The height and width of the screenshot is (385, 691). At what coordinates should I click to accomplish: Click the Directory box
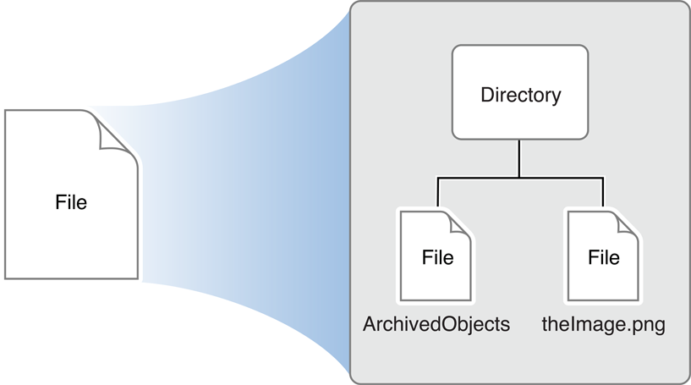(x=520, y=92)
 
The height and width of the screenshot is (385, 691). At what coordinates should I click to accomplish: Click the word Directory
(x=520, y=95)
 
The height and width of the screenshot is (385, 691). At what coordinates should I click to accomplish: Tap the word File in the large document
(x=71, y=203)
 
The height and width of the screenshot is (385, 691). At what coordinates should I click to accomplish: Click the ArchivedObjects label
(x=436, y=325)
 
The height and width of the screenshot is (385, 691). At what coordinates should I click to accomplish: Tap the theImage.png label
(x=603, y=325)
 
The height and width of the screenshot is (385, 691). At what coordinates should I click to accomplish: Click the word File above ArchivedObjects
(x=437, y=257)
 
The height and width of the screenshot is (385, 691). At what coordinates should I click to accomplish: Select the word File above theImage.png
(x=604, y=257)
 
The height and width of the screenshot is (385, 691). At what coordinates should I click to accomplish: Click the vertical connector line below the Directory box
(x=519, y=159)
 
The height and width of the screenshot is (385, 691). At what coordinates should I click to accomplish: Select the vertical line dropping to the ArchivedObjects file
(x=437, y=194)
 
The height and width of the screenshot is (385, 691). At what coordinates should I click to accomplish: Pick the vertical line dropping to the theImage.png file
(x=603, y=194)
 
